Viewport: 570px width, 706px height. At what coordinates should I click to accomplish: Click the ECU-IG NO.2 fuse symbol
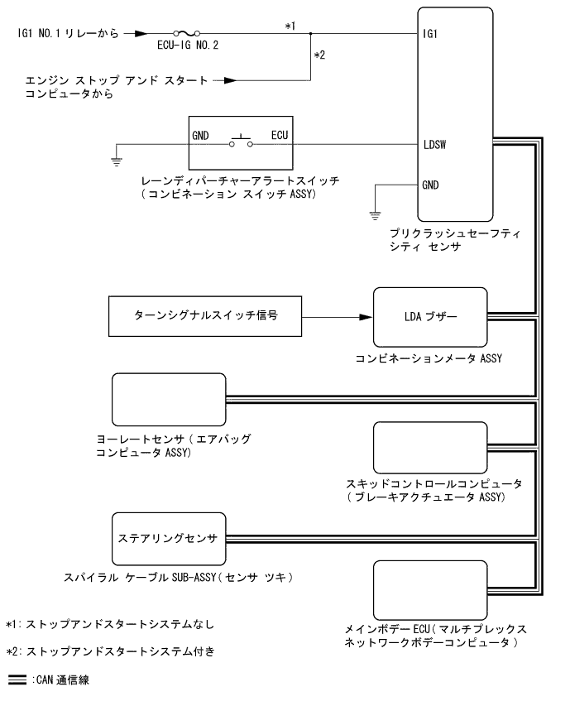(x=184, y=35)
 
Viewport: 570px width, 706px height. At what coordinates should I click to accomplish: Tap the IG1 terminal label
(x=429, y=36)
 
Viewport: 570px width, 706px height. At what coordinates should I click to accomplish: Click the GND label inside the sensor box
(x=431, y=184)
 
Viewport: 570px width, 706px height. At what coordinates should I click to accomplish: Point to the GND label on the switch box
(x=200, y=132)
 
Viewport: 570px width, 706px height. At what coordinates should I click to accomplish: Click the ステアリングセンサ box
(x=168, y=537)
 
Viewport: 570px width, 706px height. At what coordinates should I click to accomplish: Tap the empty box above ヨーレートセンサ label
(x=168, y=398)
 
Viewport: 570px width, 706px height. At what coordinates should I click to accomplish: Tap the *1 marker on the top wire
(x=290, y=26)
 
